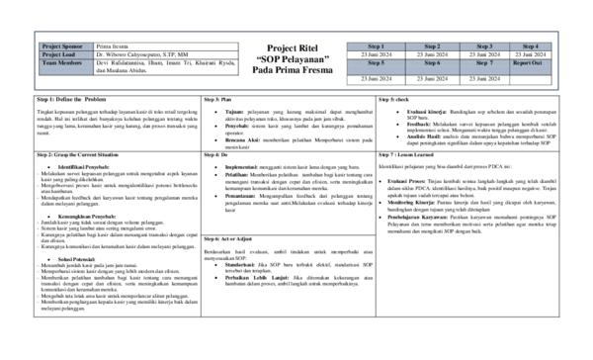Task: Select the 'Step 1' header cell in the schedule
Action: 376,45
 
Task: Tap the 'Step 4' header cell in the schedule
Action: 531,45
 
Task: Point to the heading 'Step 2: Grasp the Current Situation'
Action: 78,155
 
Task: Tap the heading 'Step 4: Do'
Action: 215,155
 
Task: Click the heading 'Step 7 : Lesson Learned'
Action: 406,155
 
